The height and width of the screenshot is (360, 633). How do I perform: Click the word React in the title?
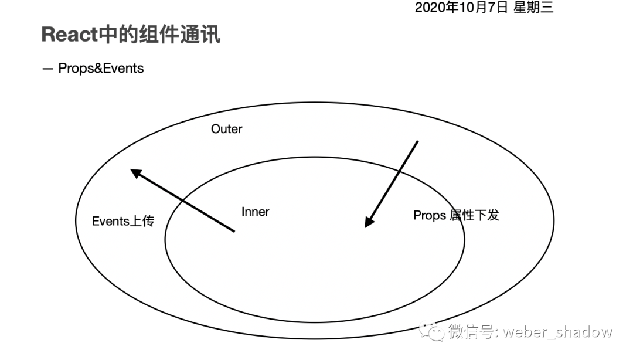(69, 35)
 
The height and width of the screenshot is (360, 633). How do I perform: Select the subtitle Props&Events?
(101, 68)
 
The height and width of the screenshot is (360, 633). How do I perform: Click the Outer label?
(226, 129)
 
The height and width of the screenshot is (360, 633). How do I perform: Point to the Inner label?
(256, 212)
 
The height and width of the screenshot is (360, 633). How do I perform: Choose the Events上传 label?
(123, 221)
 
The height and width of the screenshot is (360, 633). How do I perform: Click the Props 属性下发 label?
(456, 215)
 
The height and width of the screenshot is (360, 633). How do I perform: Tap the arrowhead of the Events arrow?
(135, 173)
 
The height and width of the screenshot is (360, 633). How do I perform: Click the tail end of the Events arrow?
(233, 231)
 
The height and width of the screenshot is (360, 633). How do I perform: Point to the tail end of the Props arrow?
(417, 141)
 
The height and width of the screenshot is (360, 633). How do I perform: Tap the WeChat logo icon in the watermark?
(434, 332)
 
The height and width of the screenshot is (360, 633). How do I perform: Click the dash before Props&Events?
(47, 69)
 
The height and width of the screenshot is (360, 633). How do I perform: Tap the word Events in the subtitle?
(122, 68)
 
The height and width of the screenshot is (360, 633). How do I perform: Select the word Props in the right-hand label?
(430, 215)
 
